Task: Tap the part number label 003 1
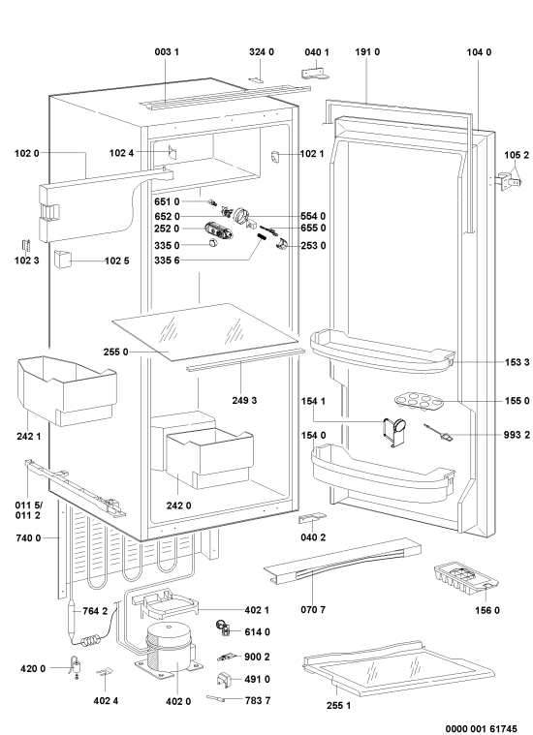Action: click(167, 52)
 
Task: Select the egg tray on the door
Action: click(416, 402)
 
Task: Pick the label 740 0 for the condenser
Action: click(28, 538)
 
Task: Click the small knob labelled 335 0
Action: click(213, 244)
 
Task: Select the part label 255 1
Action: click(338, 705)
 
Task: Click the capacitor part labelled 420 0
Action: click(76, 666)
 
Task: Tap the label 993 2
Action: click(517, 435)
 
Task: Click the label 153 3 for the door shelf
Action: click(517, 362)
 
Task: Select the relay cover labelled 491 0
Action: click(223, 680)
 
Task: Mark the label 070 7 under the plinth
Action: click(313, 610)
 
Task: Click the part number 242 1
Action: click(29, 437)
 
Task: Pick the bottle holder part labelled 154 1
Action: click(394, 431)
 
